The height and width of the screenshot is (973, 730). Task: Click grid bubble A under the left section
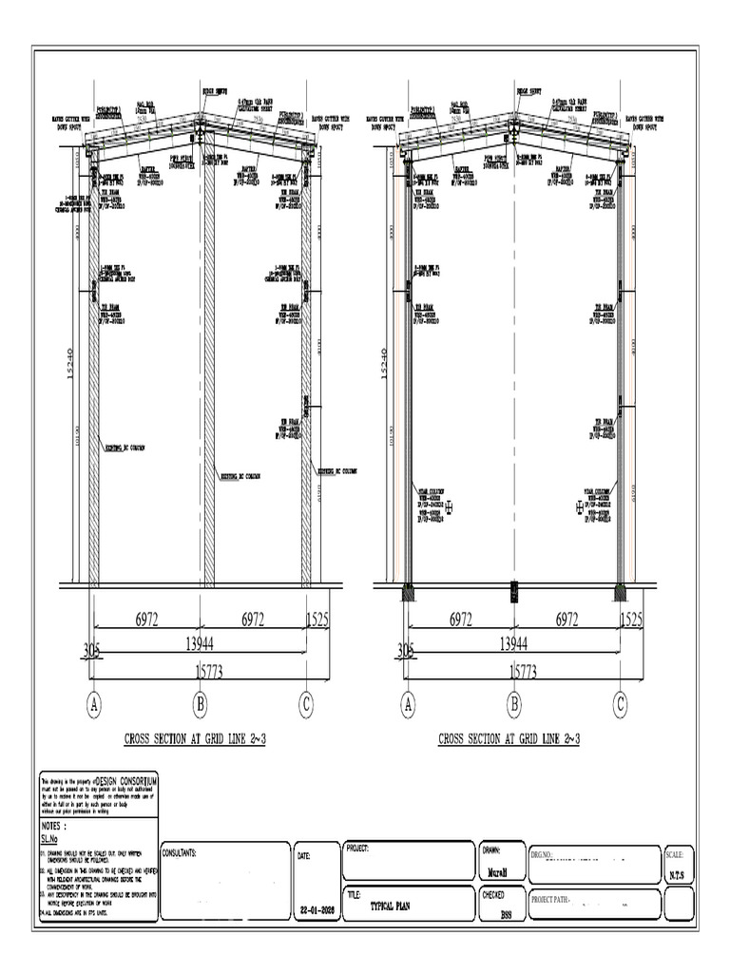click(x=94, y=704)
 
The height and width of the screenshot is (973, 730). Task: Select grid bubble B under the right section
click(x=514, y=704)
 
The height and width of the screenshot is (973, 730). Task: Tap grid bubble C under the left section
click(x=306, y=704)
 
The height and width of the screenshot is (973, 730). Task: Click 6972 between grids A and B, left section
click(x=146, y=620)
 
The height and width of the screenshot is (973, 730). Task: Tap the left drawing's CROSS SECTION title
click(x=195, y=739)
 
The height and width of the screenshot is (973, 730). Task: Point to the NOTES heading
click(x=55, y=827)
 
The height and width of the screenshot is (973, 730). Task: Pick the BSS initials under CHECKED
click(x=507, y=915)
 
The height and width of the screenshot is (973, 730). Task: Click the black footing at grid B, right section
click(x=514, y=591)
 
